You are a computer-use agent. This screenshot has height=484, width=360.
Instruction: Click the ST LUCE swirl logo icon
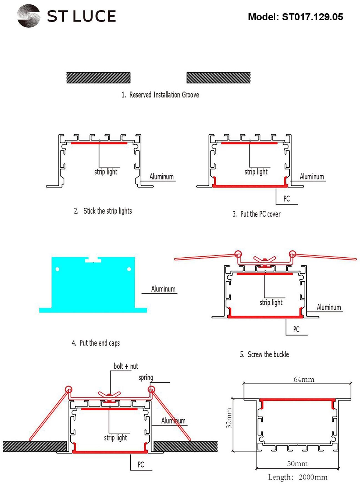pos(29,16)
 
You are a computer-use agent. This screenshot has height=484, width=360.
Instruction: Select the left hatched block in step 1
pos(98,78)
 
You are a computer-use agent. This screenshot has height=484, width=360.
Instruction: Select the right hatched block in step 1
pos(218,78)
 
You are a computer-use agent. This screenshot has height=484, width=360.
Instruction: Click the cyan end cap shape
pos(93,286)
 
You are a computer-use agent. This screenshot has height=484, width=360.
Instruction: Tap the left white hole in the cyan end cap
pos(57,269)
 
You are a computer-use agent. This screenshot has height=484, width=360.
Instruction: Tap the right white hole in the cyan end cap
pos(129,269)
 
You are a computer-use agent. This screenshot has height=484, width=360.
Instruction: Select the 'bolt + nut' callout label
pos(126,366)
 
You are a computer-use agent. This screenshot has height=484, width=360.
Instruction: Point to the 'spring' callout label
pos(146,377)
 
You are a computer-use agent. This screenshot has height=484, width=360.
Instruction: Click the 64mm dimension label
pos(304,379)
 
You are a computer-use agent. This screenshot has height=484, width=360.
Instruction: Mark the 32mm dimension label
pos(229,418)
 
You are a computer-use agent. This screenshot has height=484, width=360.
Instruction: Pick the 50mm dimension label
pos(297,463)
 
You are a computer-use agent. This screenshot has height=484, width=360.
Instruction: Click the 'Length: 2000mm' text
pos(298,477)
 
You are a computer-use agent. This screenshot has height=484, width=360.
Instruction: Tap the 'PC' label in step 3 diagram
pos(286,199)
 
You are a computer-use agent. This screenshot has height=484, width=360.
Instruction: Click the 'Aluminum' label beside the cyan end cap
pos(163,289)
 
